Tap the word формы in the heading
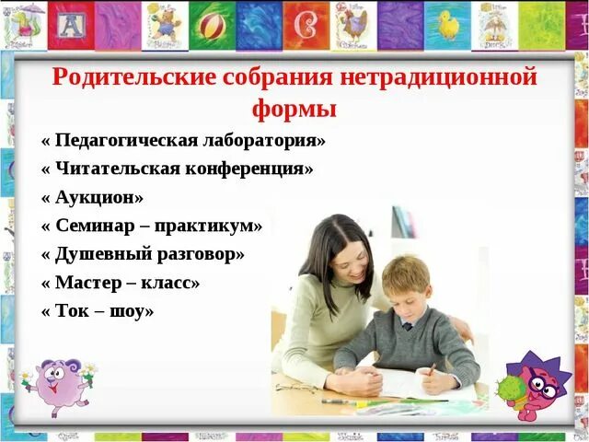294,109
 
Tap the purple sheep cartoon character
58,384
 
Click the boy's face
408,299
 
